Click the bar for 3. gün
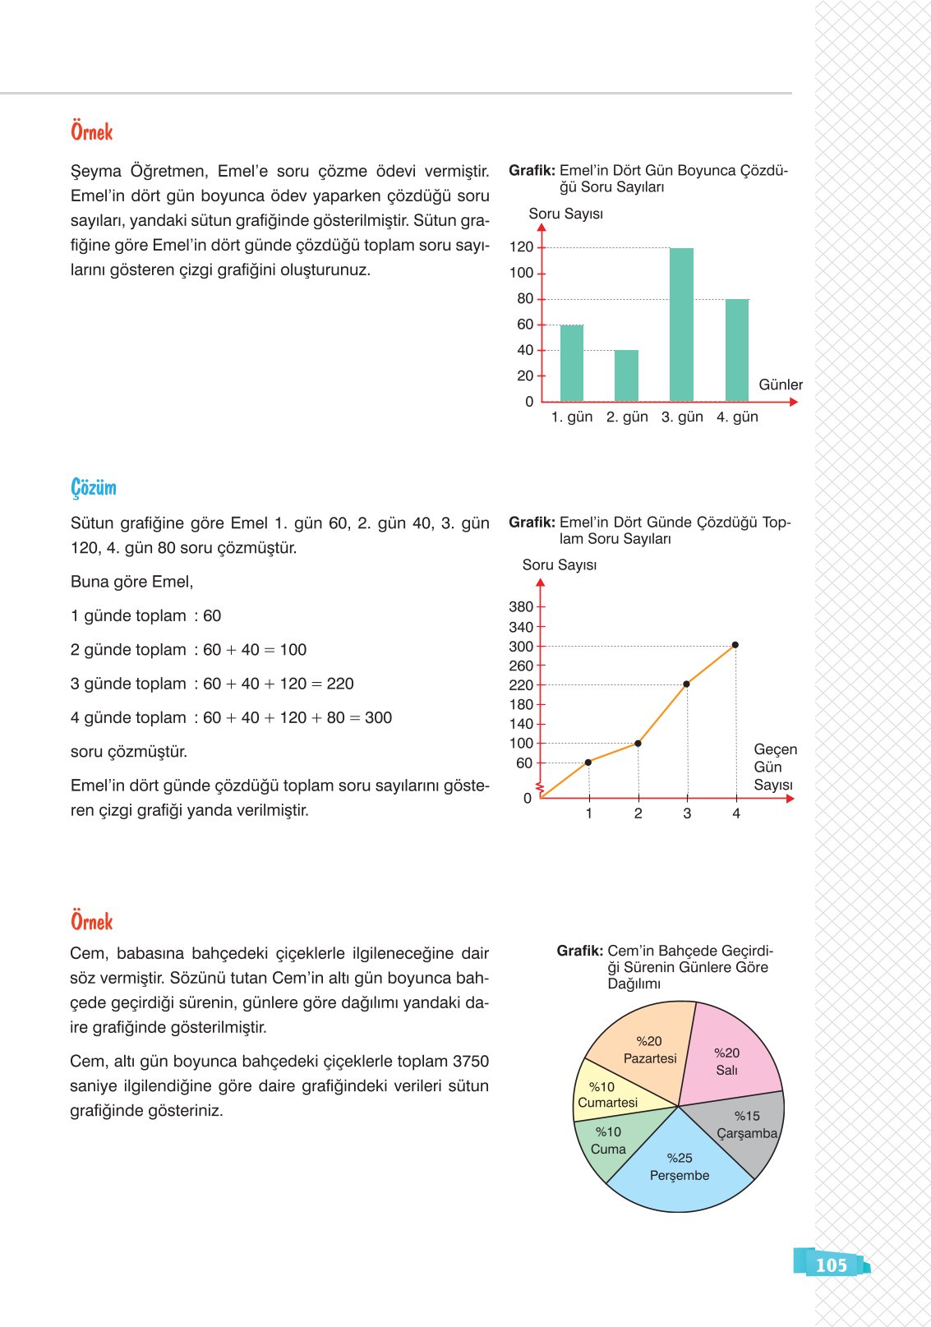pos(681,325)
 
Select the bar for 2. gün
pos(626,376)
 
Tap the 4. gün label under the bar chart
pos(737,417)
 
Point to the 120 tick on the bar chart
pos(521,247)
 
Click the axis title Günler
pos(780,385)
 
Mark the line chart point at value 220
pos(686,684)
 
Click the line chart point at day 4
pos(735,645)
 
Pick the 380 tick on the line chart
pos(521,606)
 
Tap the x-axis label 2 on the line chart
pos(638,813)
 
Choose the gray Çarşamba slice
pos(744,1130)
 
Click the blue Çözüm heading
pos(94,487)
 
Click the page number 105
pos(831,1265)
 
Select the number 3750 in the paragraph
pos(470,1061)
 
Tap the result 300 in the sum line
pos(378,717)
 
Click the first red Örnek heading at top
pos(91,131)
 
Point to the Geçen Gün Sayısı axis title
pos(774,767)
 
